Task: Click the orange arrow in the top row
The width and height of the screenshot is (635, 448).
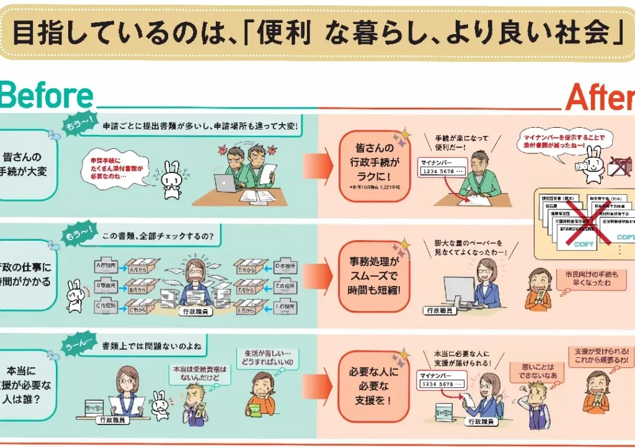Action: (318, 167)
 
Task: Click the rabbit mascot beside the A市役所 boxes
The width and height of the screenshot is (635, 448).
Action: (74, 295)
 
